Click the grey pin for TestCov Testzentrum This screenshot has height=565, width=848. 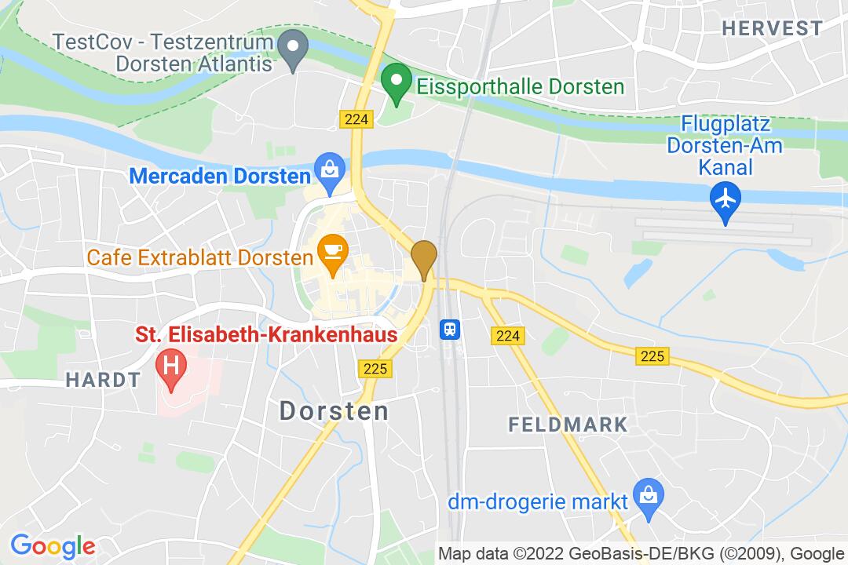click(294, 48)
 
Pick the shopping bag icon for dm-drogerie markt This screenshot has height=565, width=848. click(649, 496)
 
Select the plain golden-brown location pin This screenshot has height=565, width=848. click(424, 257)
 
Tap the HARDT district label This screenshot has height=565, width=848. click(103, 381)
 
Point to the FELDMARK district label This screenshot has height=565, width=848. click(568, 425)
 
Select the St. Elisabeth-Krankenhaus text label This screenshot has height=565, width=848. click(267, 335)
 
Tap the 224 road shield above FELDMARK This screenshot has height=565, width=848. click(508, 335)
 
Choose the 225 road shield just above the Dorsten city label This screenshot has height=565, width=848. click(375, 368)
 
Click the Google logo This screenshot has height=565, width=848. click(53, 545)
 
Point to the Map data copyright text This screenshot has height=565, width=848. click(640, 553)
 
